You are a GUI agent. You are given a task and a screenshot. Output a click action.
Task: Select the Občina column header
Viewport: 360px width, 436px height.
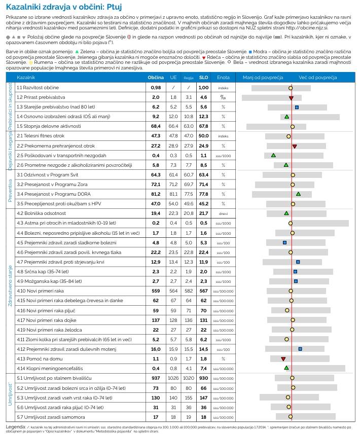click(x=155, y=78)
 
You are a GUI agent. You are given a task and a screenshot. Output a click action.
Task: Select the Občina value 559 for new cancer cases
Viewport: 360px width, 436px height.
click(x=156, y=291)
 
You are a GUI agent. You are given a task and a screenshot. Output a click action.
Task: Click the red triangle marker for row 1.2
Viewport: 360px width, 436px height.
click(x=291, y=98)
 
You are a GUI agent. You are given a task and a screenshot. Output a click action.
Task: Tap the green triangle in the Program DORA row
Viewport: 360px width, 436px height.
click(x=298, y=194)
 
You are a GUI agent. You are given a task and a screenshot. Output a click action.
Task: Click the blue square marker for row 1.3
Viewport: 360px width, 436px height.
click(x=297, y=107)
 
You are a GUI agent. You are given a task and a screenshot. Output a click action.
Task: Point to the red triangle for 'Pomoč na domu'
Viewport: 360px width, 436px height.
click(x=283, y=358)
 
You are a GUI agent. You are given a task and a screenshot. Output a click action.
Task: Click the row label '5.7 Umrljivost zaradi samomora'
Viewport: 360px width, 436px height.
click(x=52, y=417)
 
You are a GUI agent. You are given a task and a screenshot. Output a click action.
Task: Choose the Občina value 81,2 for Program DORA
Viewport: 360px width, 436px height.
click(x=156, y=194)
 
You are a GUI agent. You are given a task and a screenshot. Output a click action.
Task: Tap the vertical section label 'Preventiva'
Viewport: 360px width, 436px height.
click(x=10, y=189)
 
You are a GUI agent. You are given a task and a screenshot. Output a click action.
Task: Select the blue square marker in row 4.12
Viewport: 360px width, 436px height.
click(x=300, y=349)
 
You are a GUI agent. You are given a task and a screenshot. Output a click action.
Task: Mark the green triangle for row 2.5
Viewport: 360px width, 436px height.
click(x=273, y=155)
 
